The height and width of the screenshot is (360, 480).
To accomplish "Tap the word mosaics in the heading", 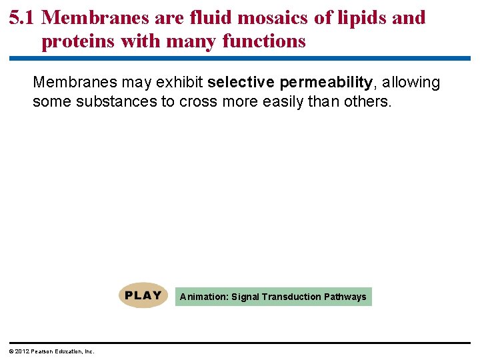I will click(x=266, y=18).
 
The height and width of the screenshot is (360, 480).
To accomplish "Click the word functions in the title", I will click(x=264, y=42).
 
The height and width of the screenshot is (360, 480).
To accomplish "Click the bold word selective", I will click(x=241, y=83).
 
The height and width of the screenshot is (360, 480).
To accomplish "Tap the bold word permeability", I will click(x=326, y=83).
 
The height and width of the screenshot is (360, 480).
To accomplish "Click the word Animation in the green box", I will click(x=203, y=297).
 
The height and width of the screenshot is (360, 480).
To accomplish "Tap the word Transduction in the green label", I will click(x=292, y=297).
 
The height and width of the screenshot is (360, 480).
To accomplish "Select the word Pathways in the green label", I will click(x=345, y=297).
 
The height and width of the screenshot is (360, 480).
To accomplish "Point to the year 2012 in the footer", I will click(x=22, y=351).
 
